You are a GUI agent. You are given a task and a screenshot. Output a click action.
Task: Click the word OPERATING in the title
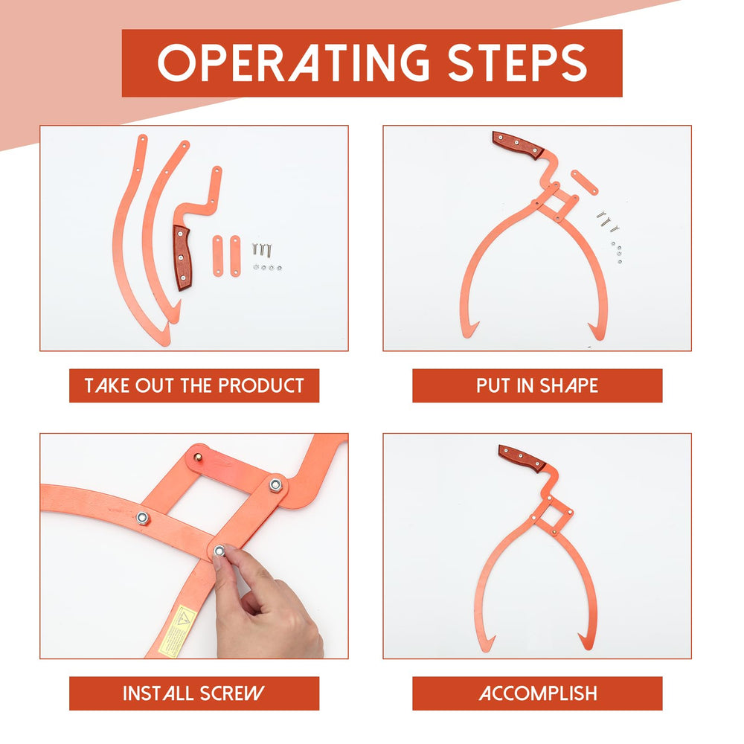click(294, 63)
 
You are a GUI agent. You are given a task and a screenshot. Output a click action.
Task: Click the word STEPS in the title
click(517, 63)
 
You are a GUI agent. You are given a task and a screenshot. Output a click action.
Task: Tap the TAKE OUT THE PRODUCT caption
click(194, 385)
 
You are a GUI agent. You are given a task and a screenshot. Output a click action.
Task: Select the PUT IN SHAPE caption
click(537, 385)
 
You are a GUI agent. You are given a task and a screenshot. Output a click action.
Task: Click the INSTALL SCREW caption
click(193, 693)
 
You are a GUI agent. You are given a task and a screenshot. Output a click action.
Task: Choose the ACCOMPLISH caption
click(538, 693)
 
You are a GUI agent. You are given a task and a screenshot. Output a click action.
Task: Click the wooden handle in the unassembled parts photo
click(182, 257)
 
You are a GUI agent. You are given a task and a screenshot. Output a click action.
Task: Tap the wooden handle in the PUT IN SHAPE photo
click(518, 145)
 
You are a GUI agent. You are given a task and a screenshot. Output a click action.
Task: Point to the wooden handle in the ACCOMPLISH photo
click(522, 458)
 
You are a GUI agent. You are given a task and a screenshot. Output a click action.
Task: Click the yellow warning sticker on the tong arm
click(176, 632)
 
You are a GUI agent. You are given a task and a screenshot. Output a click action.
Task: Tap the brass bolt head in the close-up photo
click(198, 457)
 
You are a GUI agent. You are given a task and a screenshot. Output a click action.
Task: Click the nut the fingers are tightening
click(219, 551)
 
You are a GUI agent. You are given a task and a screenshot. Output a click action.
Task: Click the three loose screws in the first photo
click(261, 249)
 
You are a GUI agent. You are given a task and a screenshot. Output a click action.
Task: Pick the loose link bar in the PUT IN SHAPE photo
click(585, 182)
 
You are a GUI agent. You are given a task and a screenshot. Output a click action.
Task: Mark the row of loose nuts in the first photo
click(267, 268)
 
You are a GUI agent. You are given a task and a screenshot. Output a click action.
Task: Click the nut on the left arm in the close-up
click(142, 518)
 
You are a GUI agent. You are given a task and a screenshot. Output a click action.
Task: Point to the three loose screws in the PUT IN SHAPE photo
click(607, 221)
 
